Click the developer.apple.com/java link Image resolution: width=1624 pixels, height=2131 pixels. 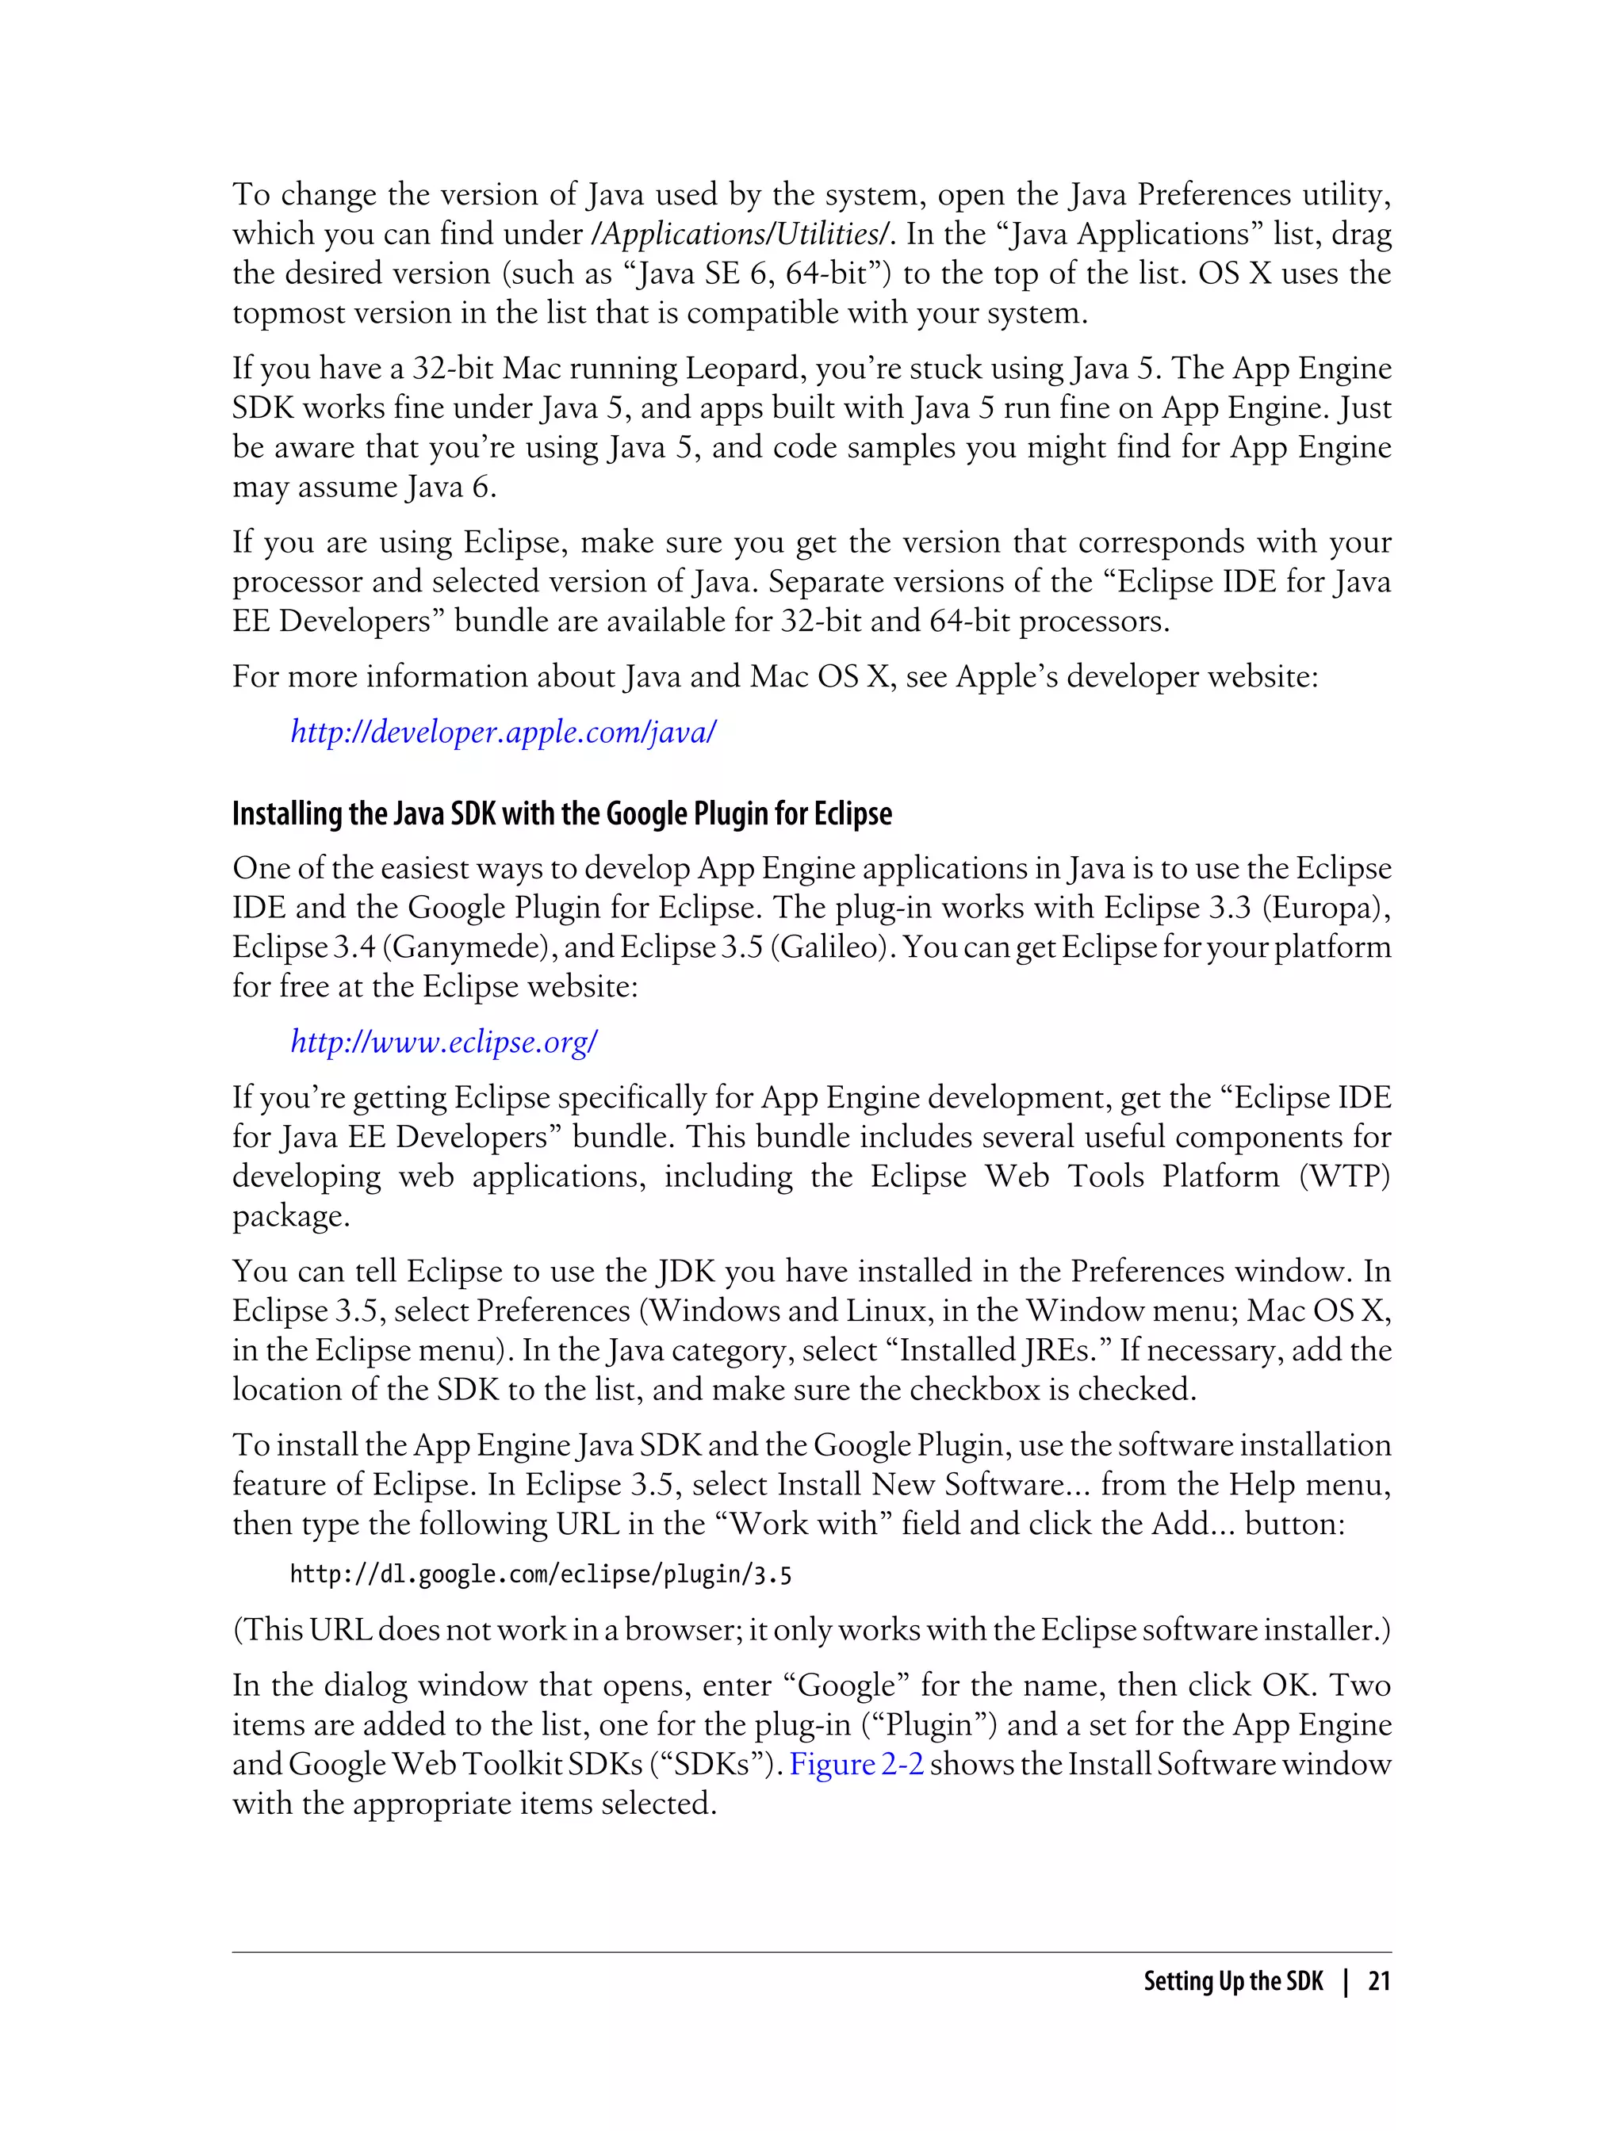tap(503, 732)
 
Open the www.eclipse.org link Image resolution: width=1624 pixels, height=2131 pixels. tap(444, 1041)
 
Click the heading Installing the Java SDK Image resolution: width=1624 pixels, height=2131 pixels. tap(561, 813)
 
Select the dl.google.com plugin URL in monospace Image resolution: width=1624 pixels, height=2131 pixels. tap(540, 1575)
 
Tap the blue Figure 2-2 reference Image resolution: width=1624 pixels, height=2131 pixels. tap(856, 1764)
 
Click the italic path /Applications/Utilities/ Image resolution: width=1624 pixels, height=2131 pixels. tap(746, 234)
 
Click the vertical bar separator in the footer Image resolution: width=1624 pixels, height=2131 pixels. tap(1346, 1980)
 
